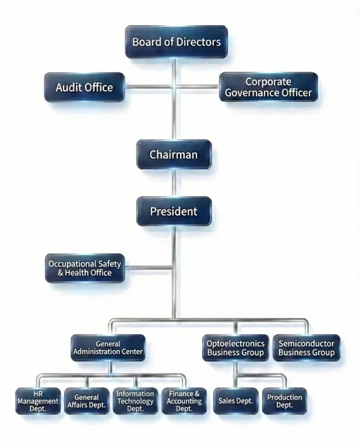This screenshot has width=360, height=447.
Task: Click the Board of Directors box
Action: coord(176,42)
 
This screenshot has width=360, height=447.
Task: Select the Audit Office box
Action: coord(84,87)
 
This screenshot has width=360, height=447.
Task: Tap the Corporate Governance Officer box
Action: coord(268,87)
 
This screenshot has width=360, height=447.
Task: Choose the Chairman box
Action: coord(173,154)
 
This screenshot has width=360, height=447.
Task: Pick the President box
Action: coord(173,211)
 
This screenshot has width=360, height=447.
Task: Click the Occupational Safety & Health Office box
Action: coord(85,268)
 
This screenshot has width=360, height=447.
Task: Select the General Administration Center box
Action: coord(108,348)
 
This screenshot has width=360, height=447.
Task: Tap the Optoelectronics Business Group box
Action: coord(235,348)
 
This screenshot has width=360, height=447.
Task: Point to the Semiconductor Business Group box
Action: coord(306,348)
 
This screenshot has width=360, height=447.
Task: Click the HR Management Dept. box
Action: coord(38,401)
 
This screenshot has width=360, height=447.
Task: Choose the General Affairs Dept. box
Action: coord(86,401)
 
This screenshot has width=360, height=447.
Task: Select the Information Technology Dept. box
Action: coord(135,401)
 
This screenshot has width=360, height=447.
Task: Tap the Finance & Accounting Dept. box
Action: coord(184,401)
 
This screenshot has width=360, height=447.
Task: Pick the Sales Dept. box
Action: coord(235,401)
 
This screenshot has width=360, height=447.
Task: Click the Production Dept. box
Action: coord(284,401)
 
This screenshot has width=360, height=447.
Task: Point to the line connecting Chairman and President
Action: coord(174,183)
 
